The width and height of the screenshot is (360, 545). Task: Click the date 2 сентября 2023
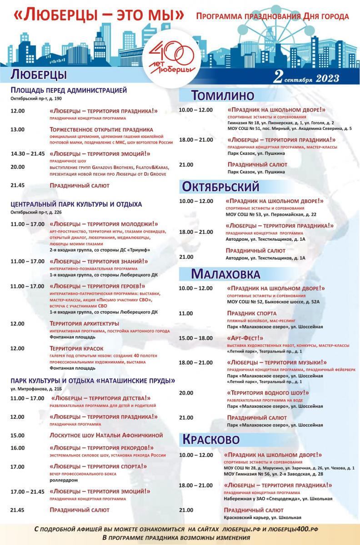point(306,77)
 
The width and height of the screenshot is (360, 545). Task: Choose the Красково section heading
point(210,440)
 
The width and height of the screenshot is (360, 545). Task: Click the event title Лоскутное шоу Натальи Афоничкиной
point(106,435)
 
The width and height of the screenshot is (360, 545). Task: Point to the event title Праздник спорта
point(251,313)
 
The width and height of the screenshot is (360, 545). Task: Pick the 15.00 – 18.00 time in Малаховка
point(195,338)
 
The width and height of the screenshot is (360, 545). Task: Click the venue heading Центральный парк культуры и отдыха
point(76,204)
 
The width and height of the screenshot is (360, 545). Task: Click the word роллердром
point(64,480)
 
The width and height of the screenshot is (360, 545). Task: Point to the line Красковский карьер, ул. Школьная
point(262,517)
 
